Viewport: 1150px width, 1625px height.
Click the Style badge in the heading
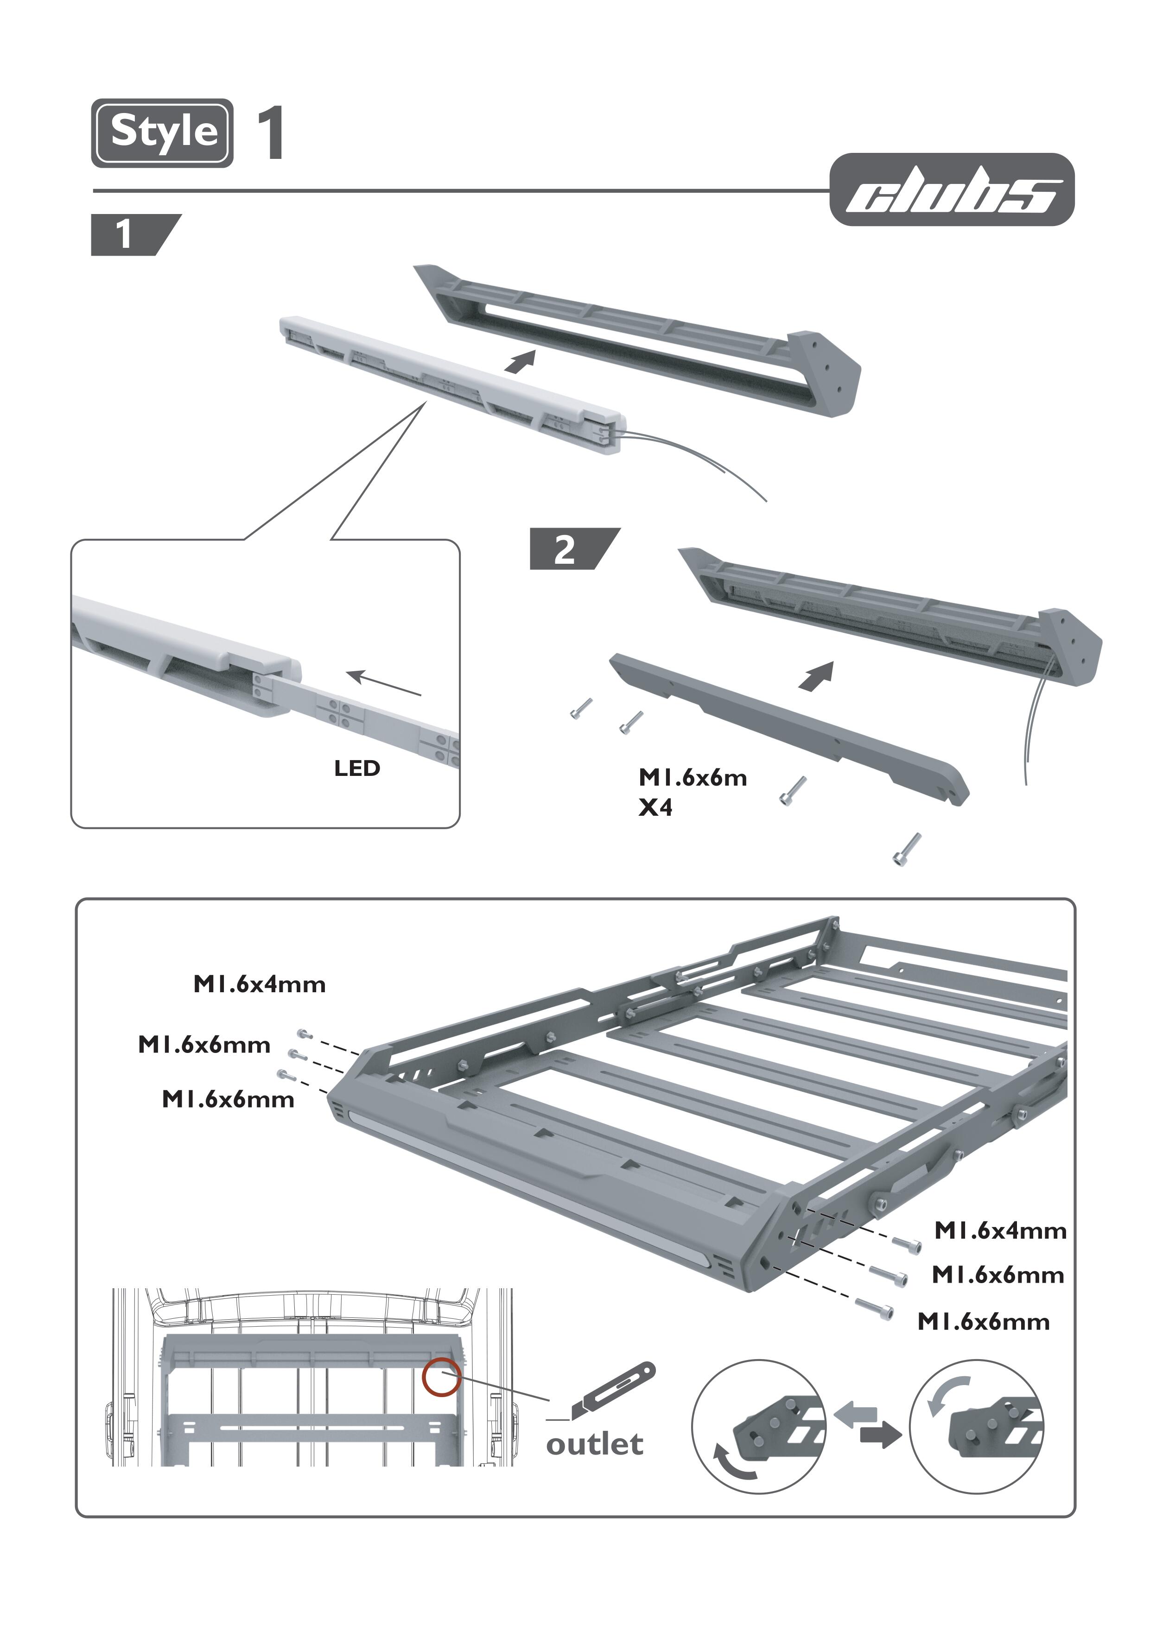[x=162, y=132]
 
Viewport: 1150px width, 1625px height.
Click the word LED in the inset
[x=357, y=768]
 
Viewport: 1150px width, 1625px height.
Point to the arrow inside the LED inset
[x=385, y=683]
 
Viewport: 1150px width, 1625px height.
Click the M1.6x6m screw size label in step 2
[x=693, y=778]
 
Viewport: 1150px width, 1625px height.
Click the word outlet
[x=595, y=1444]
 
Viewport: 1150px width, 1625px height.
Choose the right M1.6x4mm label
[x=1000, y=1231]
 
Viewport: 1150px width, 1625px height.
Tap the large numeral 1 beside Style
[x=271, y=132]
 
